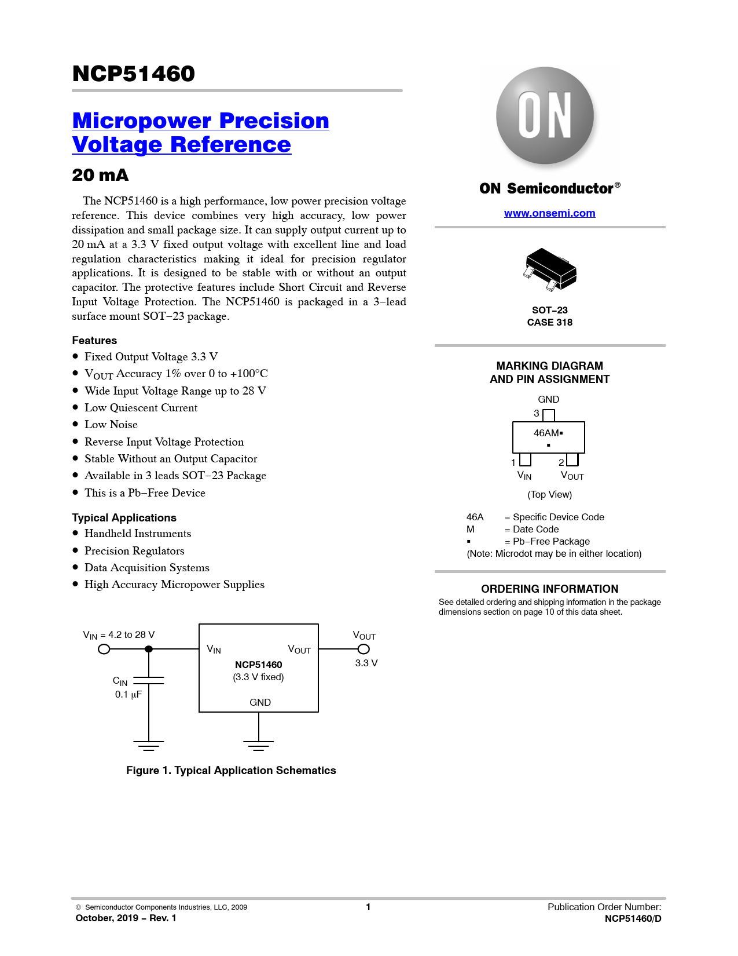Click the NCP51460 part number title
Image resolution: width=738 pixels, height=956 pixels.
(134, 74)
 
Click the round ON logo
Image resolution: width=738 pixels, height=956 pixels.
(545, 116)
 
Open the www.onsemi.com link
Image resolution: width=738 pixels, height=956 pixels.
(549, 213)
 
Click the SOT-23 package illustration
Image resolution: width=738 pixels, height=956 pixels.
(550, 270)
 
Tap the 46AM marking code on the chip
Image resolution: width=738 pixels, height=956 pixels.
(546, 433)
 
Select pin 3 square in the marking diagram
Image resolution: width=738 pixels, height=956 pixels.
(549, 415)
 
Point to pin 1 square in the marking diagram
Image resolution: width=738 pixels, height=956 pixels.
(525, 459)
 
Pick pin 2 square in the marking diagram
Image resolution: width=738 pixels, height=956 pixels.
(572, 459)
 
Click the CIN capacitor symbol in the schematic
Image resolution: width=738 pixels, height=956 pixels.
(149, 680)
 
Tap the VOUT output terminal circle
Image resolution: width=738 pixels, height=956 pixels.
(364, 650)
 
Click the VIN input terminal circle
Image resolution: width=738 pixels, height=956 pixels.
(104, 650)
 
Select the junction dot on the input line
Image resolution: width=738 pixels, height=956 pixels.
(149, 650)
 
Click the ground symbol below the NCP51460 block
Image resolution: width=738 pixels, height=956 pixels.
(259, 745)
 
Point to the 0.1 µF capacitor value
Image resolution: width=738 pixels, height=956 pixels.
(128, 695)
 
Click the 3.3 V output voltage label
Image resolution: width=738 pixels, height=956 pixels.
(366, 663)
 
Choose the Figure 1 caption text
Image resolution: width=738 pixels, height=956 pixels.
(231, 771)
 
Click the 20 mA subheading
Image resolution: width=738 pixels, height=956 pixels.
(100, 175)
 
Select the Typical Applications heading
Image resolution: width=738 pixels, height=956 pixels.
(124, 518)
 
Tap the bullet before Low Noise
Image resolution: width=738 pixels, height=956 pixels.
(75, 425)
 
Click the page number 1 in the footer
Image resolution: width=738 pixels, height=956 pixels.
(368, 907)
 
